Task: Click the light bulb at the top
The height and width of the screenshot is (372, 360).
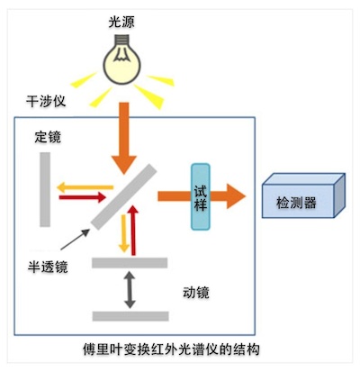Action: (x=122, y=59)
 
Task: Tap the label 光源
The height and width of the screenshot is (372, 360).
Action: (x=121, y=23)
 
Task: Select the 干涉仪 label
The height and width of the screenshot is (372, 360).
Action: (x=46, y=101)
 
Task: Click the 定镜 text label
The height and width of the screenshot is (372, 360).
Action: (x=48, y=137)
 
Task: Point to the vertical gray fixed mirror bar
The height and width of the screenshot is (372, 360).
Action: (x=45, y=189)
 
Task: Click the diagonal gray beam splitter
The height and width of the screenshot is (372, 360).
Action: (x=124, y=196)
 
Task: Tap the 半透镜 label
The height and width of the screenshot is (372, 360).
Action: (x=48, y=267)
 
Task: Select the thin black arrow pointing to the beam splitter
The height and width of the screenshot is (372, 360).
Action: (x=75, y=240)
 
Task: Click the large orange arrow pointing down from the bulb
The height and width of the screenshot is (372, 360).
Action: (x=124, y=138)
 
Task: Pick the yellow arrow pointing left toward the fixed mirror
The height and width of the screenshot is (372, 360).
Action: (x=85, y=187)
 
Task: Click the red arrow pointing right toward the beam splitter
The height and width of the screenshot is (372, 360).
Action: (x=83, y=197)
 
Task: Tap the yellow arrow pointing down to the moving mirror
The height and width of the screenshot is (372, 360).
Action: (x=123, y=233)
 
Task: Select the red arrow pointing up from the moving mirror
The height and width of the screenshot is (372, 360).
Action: (x=133, y=230)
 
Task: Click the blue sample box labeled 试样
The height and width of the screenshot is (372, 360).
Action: (x=201, y=196)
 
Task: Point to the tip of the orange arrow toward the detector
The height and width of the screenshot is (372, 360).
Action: (x=246, y=196)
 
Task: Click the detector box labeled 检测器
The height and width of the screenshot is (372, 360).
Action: (x=303, y=195)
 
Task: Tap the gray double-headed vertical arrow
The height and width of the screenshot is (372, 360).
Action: (x=130, y=289)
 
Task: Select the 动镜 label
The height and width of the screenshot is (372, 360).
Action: (x=196, y=292)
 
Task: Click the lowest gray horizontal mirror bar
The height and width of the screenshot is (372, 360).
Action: (x=130, y=316)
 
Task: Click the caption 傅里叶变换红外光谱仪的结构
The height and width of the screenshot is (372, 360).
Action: (x=171, y=349)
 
